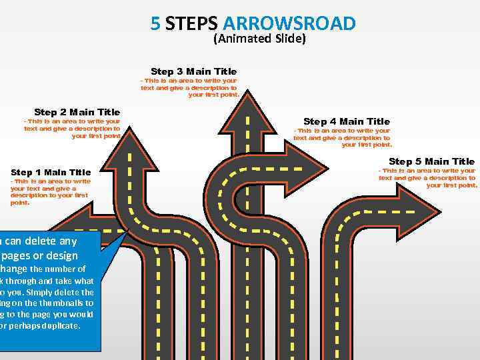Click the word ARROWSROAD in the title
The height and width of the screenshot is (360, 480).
(x=289, y=23)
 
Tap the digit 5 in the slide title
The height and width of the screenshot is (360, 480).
(x=155, y=23)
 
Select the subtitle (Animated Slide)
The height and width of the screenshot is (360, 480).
(x=259, y=39)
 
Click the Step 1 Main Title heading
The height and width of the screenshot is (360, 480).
(x=51, y=172)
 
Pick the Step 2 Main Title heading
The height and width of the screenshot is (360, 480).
(x=77, y=112)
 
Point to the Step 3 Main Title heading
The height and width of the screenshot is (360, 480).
(x=193, y=71)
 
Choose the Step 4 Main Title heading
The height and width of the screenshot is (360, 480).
(x=347, y=121)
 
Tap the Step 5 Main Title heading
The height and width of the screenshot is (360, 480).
(x=431, y=161)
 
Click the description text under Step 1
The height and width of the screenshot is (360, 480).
(x=49, y=191)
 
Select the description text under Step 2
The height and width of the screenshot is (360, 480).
(x=72, y=129)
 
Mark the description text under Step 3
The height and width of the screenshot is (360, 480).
(x=190, y=87)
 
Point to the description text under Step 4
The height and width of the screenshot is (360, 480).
(x=343, y=137)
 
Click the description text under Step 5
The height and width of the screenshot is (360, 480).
(x=427, y=178)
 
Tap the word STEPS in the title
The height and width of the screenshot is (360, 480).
(x=191, y=23)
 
